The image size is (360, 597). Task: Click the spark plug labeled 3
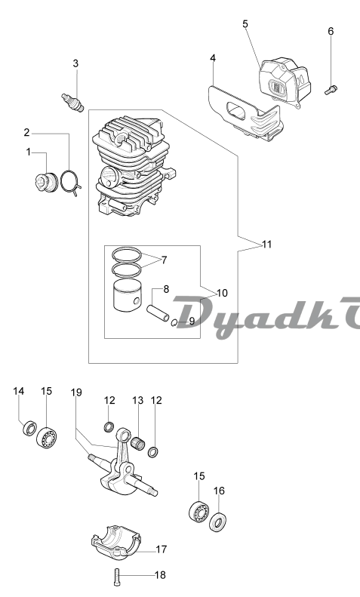tap(72, 101)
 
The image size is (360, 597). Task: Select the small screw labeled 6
tap(331, 90)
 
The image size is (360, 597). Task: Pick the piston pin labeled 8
tap(158, 312)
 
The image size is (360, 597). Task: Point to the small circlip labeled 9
tap(173, 323)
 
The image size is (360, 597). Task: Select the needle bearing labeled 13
tap(140, 443)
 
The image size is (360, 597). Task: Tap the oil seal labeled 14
tap(29, 428)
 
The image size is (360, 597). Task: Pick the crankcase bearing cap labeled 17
tap(116, 542)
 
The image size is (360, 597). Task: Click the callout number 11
tap(267, 244)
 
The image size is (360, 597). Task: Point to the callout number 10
tap(222, 293)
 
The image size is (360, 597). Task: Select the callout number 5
tap(245, 23)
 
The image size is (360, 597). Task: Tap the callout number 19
tap(76, 392)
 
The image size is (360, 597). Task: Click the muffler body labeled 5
tap(285, 82)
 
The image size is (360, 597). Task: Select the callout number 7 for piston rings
tap(164, 260)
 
